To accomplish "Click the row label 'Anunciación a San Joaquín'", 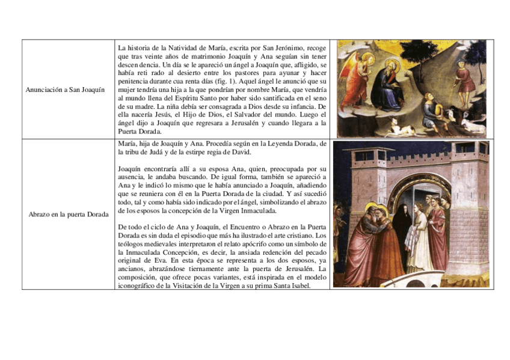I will point(65,90).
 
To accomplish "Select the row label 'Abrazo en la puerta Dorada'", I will point(68,215).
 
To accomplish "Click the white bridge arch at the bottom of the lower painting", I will point(415,281).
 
